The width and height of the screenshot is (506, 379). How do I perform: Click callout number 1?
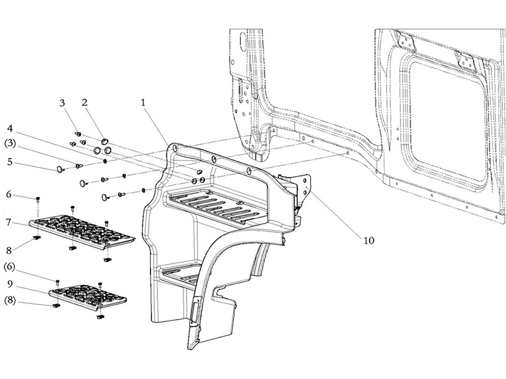(x=143, y=103)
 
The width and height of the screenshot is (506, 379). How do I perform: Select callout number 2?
(x=85, y=103)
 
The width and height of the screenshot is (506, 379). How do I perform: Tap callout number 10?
(x=369, y=241)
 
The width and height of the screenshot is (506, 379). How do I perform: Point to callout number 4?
(x=9, y=129)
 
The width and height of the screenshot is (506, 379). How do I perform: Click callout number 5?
(x=9, y=162)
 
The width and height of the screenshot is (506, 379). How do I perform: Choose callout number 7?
(x=9, y=222)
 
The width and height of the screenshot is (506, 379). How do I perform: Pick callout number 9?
(x=9, y=284)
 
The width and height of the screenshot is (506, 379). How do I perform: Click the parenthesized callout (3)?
(x=10, y=143)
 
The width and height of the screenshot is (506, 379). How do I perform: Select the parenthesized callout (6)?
(x=9, y=267)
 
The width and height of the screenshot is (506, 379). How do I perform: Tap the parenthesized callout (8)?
(x=9, y=301)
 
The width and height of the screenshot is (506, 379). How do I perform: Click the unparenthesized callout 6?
(x=9, y=195)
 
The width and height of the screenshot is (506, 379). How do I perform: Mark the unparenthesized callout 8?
(x=9, y=250)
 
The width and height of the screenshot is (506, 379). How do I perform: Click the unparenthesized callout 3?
(x=62, y=103)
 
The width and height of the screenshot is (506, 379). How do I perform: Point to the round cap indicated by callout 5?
(x=59, y=169)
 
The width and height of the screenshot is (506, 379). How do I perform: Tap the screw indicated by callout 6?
(x=38, y=199)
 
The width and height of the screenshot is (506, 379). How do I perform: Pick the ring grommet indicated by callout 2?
(x=104, y=141)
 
